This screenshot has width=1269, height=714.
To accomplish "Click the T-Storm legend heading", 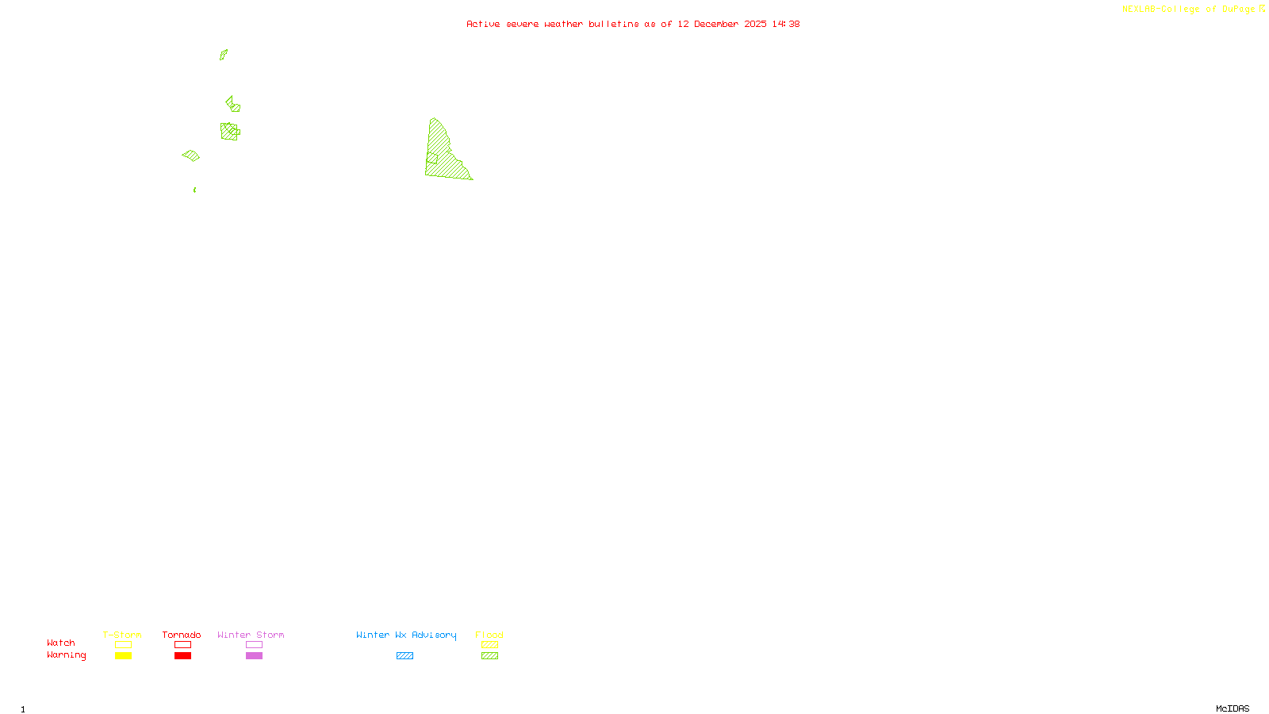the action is pos(122,635).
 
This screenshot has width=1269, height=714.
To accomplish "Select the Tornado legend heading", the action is pos(182,635).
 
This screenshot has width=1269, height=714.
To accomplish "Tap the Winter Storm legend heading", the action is pos(251,635).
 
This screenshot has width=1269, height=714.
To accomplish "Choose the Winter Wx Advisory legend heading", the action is pos(406,635).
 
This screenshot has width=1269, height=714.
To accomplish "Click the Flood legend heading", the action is pos(489,635).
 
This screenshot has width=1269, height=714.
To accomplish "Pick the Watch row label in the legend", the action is pos(61,643).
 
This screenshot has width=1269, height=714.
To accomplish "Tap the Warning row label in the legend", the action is pos(67,655).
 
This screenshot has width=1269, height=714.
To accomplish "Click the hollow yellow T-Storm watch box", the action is pos(123,645).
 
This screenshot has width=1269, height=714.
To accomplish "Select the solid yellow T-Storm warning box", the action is pos(123,656).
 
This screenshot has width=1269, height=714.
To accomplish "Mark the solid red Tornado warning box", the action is pos(183,656).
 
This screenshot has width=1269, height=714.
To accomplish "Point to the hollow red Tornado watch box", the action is pos(183,645).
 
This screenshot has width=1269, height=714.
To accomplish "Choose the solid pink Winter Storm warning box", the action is pos(254,656).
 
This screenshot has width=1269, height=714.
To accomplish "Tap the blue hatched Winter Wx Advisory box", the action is pos(404,656).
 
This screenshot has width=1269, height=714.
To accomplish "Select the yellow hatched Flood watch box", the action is pos(490,645).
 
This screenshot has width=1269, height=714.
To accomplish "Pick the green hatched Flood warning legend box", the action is pos(490,656).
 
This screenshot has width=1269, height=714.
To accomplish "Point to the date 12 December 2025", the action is pos(722,24).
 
